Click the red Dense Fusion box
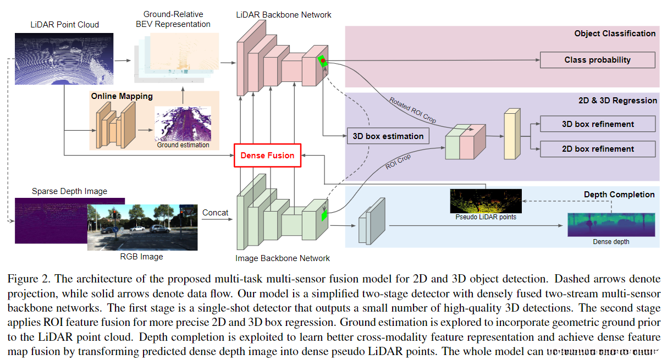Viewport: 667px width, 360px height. pyautogui.click(x=267, y=156)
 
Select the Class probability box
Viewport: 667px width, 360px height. pyautogui.click(x=597, y=60)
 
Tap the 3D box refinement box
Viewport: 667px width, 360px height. pyautogui.click(x=598, y=124)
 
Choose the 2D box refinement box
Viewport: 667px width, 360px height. pyautogui.click(x=598, y=149)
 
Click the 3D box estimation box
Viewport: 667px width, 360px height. pyautogui.click(x=388, y=136)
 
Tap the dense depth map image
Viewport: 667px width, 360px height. pyautogui.click(x=611, y=225)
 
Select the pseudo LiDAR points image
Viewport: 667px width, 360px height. pyautogui.click(x=486, y=201)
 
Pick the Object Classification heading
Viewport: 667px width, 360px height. pyautogui.click(x=615, y=34)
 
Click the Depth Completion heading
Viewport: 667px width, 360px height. pyautogui.click(x=619, y=195)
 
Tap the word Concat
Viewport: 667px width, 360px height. pyautogui.click(x=215, y=213)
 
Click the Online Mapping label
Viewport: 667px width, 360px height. pyautogui.click(x=122, y=96)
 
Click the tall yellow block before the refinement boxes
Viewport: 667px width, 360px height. pyautogui.click(x=512, y=134)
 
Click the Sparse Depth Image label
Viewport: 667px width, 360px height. pyautogui.click(x=69, y=191)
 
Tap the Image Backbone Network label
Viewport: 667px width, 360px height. pyautogui.click(x=283, y=258)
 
